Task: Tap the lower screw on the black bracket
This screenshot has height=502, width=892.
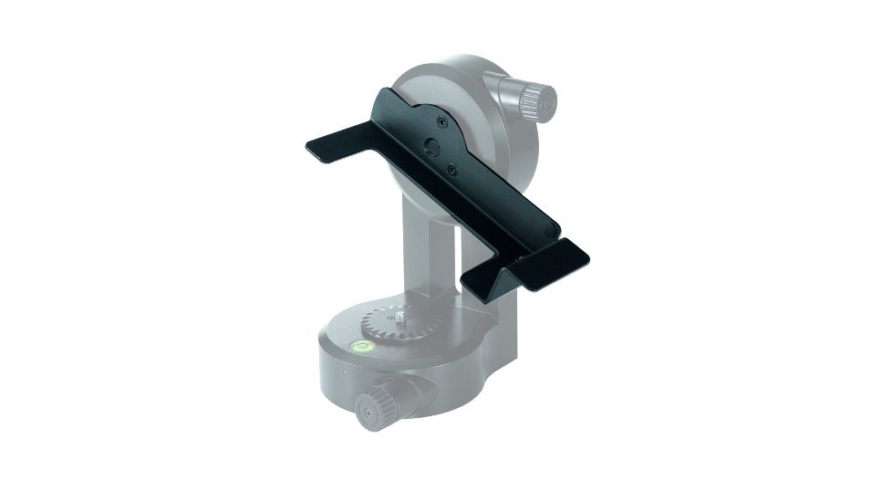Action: click(452, 166)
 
